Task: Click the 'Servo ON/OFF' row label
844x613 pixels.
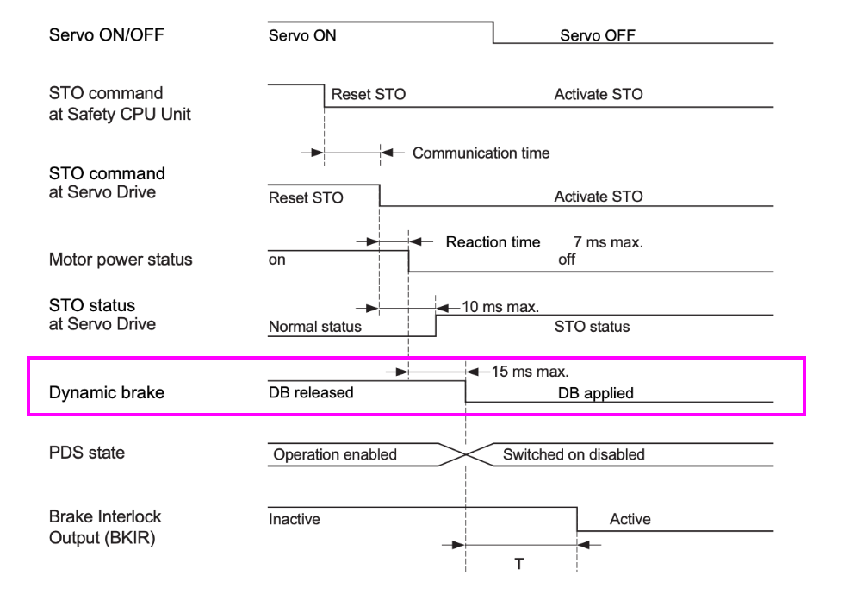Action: pos(106,35)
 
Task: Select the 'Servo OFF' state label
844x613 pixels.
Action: pos(597,35)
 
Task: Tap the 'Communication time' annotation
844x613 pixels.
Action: pos(481,153)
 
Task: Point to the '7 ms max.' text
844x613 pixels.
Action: pos(608,242)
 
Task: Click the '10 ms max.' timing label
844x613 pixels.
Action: pos(500,306)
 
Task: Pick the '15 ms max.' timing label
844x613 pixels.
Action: pos(530,372)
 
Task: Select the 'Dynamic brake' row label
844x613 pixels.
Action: pos(106,393)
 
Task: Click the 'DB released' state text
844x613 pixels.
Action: pos(311,393)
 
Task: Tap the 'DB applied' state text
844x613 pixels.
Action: pos(595,393)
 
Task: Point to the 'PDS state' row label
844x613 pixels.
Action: pos(86,453)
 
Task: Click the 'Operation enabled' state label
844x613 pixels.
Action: pos(335,454)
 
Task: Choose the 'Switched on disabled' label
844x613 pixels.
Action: pos(574,454)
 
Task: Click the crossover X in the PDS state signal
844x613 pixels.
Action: pos(466,454)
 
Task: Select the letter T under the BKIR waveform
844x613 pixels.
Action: pos(519,564)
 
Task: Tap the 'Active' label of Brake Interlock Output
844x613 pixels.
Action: pos(630,519)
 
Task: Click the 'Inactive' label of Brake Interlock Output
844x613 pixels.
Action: pos(294,519)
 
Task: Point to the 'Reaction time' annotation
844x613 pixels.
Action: pos(493,242)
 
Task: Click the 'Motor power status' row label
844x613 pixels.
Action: pos(121,260)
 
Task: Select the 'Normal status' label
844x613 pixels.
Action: pos(315,327)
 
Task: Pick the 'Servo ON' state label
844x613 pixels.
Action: pos(302,35)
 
